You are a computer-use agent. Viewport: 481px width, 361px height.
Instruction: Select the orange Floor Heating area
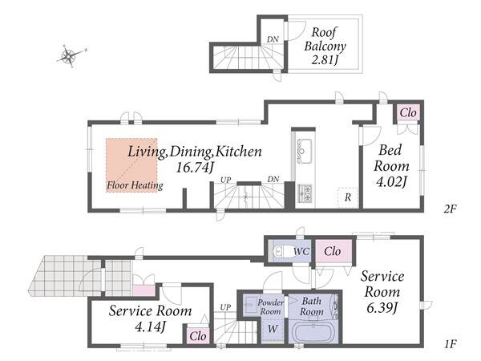coord(131,165)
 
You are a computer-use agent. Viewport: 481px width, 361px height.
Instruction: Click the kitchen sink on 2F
coord(304,151)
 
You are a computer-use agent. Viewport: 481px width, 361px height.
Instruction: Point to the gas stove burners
coord(305,193)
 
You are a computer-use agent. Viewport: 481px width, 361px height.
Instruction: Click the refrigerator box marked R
coord(348,197)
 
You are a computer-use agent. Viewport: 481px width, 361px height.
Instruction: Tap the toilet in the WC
coord(281,251)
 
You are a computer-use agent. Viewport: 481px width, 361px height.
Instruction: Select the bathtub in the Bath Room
coord(314,332)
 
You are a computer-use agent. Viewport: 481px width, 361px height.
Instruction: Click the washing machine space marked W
coord(273,329)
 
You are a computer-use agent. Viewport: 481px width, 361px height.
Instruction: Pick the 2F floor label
coord(450,209)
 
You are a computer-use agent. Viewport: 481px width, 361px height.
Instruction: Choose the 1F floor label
coord(450,344)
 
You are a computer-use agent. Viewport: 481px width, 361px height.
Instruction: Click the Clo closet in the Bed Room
coord(408,112)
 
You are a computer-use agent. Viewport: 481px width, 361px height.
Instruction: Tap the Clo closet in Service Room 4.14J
coord(198,336)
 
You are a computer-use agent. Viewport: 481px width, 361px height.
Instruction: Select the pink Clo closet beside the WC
coord(333,251)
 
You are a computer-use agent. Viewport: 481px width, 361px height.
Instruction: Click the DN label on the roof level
coord(273,39)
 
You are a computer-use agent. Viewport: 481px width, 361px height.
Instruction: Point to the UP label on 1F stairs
coord(225,307)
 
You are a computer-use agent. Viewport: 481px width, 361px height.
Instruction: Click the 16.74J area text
coord(195,168)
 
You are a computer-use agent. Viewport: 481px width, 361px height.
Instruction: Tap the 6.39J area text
coord(382,307)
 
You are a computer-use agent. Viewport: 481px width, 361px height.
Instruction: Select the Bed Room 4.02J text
coord(391,166)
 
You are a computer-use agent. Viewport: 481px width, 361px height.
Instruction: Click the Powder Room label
coord(271,306)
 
